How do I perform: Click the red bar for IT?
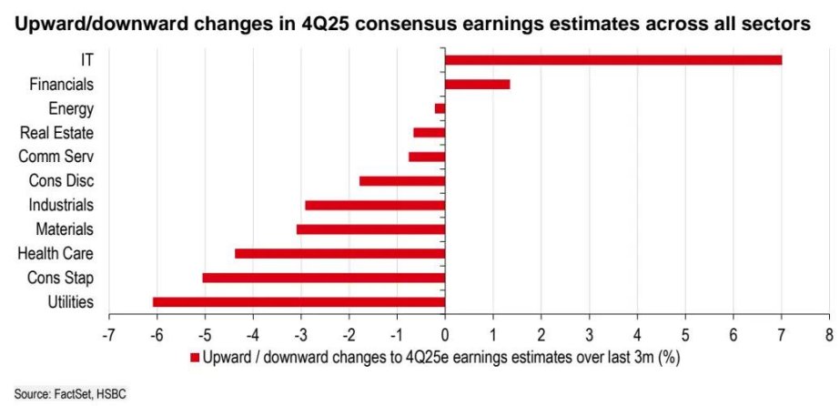click(x=612, y=60)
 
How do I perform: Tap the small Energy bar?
click(x=440, y=108)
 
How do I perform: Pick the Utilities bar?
click(x=299, y=301)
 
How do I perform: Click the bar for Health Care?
click(x=339, y=253)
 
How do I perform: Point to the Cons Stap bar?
click(x=323, y=278)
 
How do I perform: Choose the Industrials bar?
click(x=374, y=205)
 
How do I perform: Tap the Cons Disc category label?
click(x=62, y=181)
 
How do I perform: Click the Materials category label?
click(x=65, y=229)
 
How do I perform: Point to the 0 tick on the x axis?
click(x=445, y=333)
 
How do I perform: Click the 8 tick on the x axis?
click(x=828, y=333)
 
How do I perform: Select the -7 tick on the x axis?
click(x=108, y=333)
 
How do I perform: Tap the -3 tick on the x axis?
click(x=300, y=333)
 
